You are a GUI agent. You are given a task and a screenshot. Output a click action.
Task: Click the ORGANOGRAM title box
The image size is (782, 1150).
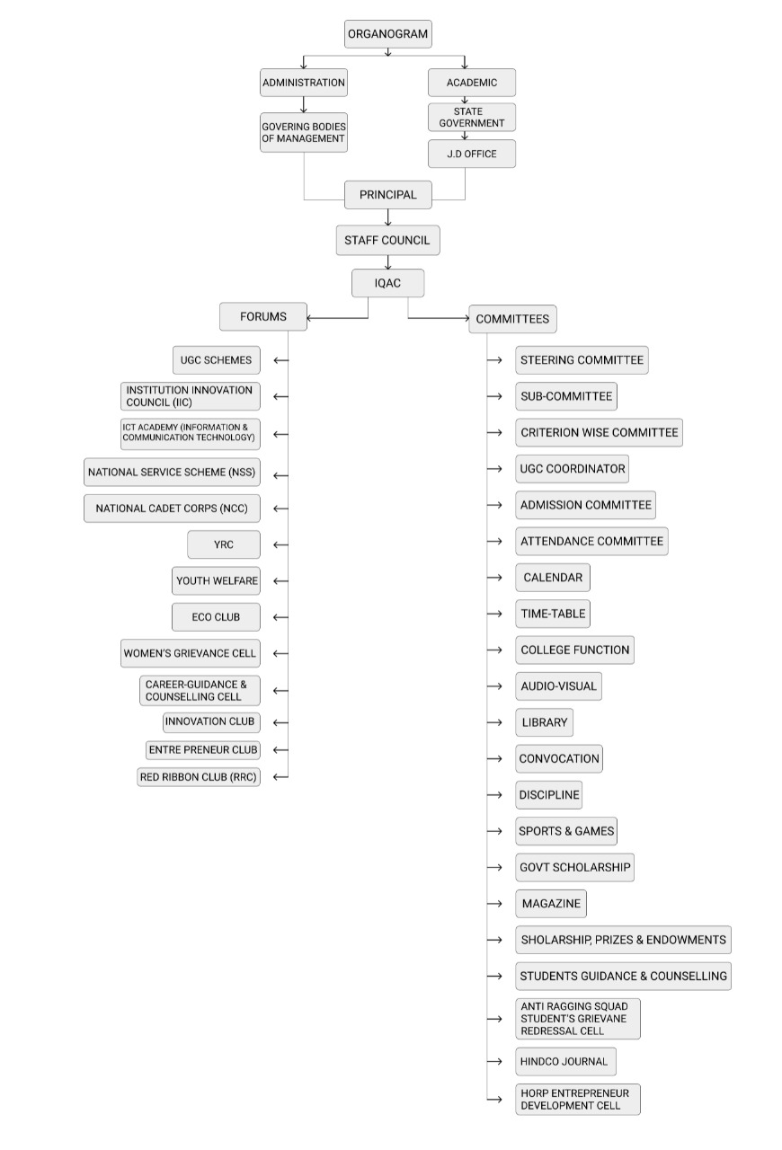[388, 34]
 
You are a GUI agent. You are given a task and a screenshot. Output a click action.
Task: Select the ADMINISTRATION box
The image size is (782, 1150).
[304, 83]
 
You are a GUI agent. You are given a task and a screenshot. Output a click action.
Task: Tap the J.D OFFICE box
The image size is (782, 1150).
[472, 154]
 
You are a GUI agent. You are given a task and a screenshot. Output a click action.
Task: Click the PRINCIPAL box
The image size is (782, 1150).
[388, 195]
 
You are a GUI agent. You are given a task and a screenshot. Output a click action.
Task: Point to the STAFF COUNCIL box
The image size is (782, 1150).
[388, 240]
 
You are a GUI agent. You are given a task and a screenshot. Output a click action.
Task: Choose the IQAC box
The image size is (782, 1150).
[388, 283]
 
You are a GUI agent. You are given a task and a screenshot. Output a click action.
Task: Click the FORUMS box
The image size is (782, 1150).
[263, 317]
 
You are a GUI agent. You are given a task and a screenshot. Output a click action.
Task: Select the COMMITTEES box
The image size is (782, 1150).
[512, 319]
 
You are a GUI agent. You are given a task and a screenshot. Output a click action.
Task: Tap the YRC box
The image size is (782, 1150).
[224, 544]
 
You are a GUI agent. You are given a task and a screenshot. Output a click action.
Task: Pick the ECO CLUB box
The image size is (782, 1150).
[216, 617]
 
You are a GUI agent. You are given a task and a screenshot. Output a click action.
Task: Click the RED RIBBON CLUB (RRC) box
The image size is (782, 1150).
[199, 777]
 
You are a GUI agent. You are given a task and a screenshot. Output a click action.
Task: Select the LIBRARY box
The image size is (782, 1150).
[544, 723]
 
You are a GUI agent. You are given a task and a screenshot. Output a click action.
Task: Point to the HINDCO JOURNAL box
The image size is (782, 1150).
[565, 1062]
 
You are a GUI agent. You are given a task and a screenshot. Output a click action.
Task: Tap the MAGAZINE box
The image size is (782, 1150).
[551, 904]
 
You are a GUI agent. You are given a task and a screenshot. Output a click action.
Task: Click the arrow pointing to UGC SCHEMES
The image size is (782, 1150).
[281, 360]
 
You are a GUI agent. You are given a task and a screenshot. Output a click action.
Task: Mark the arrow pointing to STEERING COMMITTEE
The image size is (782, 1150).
[494, 360]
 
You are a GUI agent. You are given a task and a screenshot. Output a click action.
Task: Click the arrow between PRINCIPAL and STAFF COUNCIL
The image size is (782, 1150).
[388, 217]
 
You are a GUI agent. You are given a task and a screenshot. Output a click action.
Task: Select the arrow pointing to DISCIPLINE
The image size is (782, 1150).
[494, 795]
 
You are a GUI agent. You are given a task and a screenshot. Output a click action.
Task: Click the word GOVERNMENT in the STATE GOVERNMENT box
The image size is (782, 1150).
[472, 123]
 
